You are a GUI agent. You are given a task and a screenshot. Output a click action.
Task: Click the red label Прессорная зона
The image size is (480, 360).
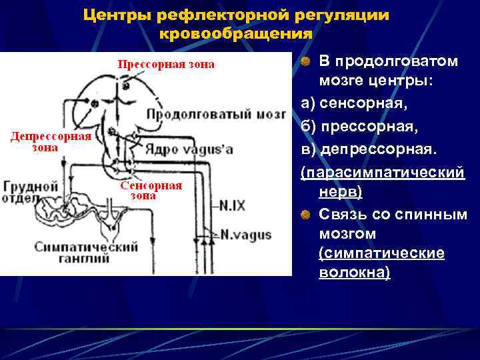point(167,65)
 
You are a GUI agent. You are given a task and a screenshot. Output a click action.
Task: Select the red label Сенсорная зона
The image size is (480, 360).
point(151,190)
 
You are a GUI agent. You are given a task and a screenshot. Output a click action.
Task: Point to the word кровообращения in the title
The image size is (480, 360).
point(236,33)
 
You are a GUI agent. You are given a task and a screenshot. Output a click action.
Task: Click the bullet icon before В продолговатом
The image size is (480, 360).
point(305,62)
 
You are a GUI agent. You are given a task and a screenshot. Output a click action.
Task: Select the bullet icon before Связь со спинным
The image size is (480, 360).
point(305,215)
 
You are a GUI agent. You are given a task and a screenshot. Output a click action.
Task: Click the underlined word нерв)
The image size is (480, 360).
point(341,192)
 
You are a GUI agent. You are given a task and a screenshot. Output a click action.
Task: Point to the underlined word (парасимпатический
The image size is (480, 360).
point(381,173)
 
